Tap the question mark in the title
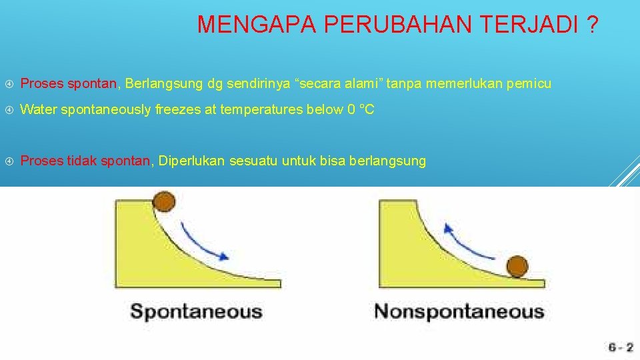592,25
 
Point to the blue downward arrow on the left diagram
204,240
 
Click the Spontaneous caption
196,311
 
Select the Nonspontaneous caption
459,311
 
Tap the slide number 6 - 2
621,347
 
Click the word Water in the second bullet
39,109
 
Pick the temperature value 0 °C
361,109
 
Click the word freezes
177,109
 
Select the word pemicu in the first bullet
529,83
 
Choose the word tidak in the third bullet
83,161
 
